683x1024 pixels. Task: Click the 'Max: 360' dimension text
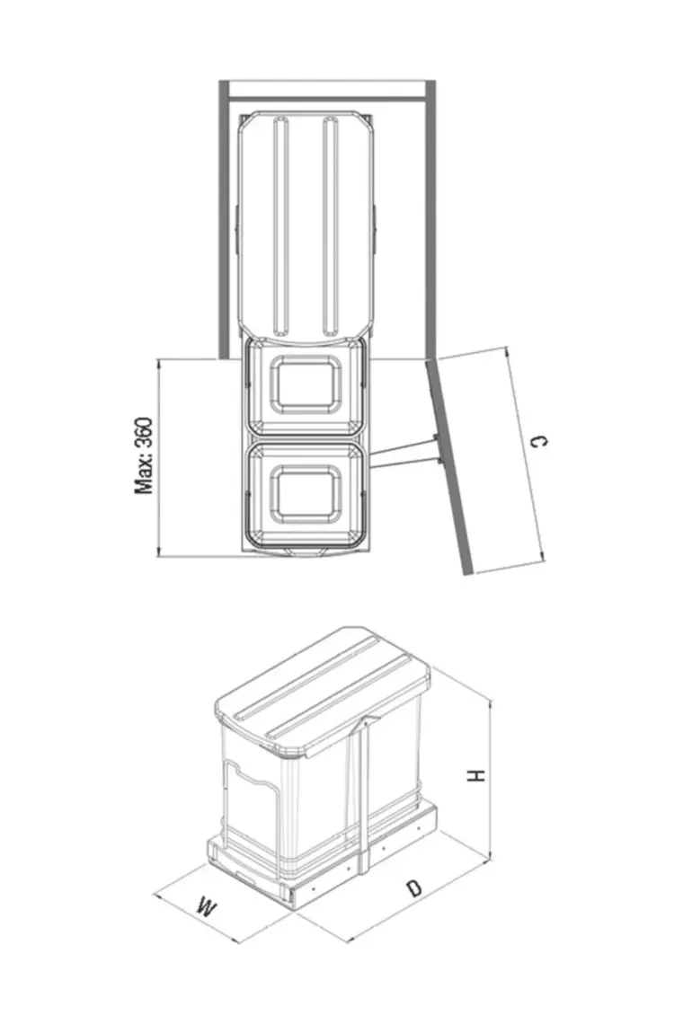pyautogui.click(x=144, y=455)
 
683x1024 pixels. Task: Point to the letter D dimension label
pyautogui.click(x=413, y=887)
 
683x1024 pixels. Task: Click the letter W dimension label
pyautogui.click(x=207, y=908)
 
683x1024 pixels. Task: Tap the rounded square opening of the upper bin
pyautogui.click(x=306, y=384)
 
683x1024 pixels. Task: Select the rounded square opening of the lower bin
pyautogui.click(x=306, y=494)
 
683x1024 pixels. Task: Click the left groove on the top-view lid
pyautogui.click(x=281, y=226)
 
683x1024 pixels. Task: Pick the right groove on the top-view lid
pyautogui.click(x=331, y=226)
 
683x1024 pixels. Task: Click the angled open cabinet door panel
pyautogui.click(x=449, y=466)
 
